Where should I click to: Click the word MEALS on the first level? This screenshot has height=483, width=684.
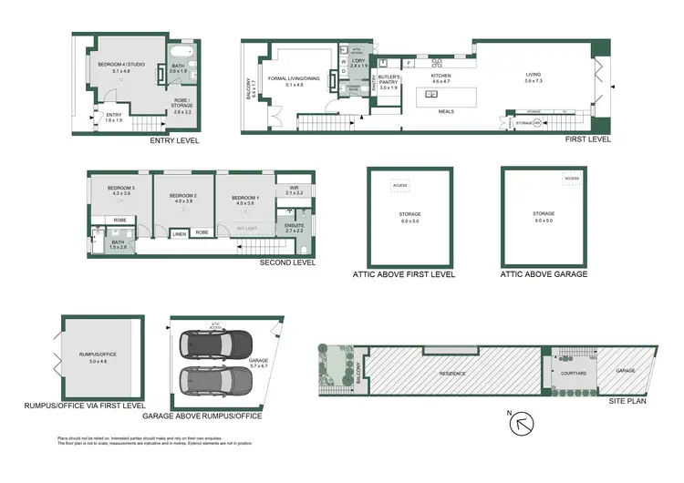pyautogui.click(x=446, y=112)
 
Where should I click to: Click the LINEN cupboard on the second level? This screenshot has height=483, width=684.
pyautogui.click(x=180, y=233)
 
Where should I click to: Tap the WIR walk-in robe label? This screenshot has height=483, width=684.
pyautogui.click(x=294, y=189)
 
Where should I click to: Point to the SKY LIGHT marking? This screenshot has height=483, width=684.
pyautogui.click(x=246, y=228)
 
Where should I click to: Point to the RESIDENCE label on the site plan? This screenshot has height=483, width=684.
pyautogui.click(x=453, y=374)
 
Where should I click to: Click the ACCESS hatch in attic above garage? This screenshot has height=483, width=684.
pyautogui.click(x=572, y=180)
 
